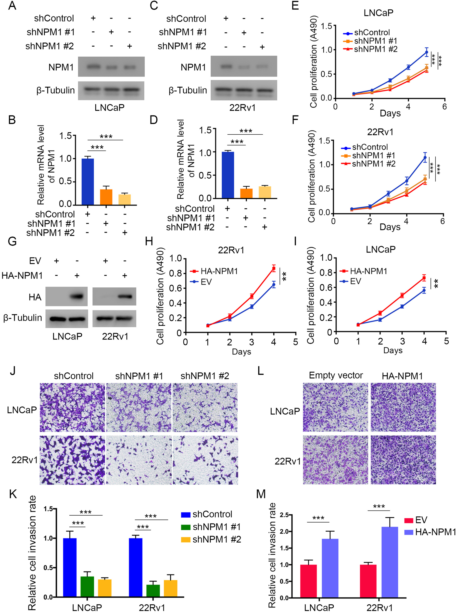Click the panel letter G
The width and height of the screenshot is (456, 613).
point(12,242)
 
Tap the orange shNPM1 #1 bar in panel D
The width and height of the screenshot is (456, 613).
point(246,193)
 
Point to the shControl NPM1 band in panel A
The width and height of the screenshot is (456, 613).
point(94,66)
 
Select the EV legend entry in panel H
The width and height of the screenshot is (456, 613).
point(206,282)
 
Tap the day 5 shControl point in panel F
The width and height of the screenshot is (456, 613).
point(425,158)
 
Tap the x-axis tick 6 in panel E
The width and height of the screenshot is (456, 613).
point(444,106)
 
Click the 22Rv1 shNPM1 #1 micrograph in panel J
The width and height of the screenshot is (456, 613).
point(139,460)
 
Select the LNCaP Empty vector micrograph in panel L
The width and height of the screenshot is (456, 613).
point(335,407)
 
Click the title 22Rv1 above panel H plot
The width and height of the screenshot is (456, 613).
point(231,250)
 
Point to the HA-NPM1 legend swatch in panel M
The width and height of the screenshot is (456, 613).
point(408,532)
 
